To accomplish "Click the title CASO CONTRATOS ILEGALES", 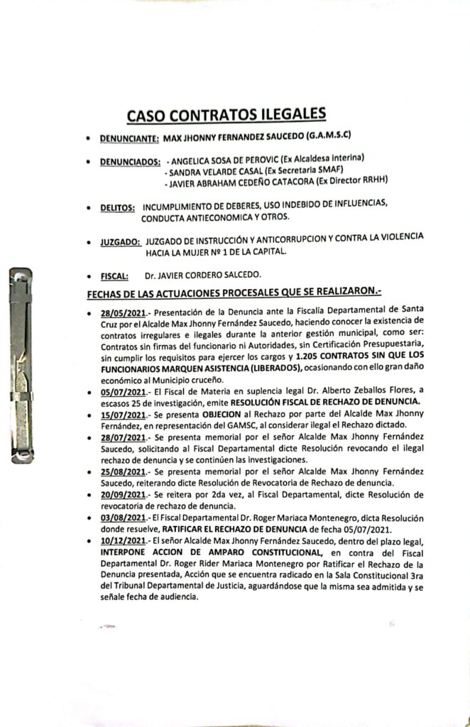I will point(226,114).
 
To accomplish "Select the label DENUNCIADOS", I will point(129,162).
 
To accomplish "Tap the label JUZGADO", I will point(119,242).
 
